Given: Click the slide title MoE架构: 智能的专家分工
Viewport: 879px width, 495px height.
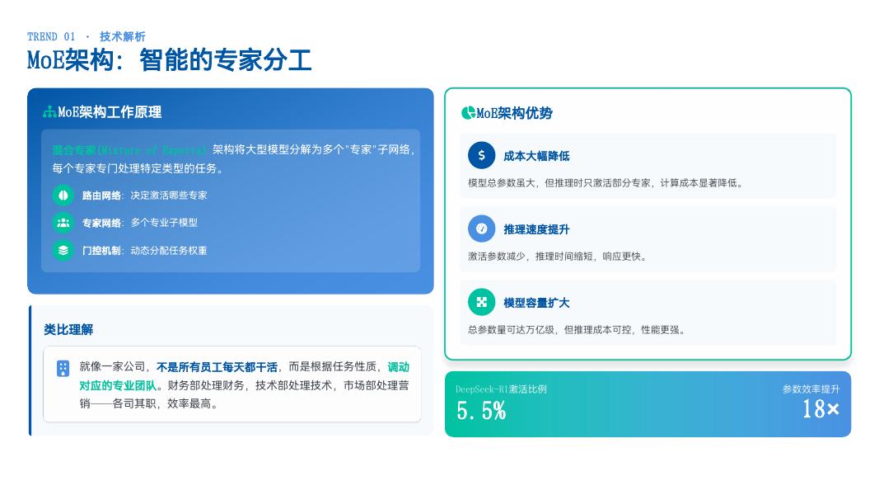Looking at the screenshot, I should click(170, 60).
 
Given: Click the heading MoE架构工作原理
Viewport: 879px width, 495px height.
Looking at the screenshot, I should click(109, 112).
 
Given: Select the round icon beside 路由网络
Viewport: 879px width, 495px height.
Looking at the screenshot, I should click(63, 196).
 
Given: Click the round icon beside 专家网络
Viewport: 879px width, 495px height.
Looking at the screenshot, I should click(63, 223).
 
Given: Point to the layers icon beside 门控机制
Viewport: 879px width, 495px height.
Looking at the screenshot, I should click(63, 250).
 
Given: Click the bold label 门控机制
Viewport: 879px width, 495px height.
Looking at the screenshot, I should click(101, 251).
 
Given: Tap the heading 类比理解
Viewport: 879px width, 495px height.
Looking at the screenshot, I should click(68, 329).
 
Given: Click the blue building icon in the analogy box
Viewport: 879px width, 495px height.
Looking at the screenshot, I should click(63, 369).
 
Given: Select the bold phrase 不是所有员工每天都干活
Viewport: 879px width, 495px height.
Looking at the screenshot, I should click(217, 367).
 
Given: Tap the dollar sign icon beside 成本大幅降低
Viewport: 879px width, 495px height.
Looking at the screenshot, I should click(482, 155).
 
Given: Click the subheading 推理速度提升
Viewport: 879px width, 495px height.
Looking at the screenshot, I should click(536, 229).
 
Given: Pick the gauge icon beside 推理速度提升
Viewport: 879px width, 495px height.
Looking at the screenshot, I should click(482, 229).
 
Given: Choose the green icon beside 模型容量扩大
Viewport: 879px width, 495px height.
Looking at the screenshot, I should click(482, 302).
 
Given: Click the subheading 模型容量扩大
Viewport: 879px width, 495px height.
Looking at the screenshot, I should click(536, 303).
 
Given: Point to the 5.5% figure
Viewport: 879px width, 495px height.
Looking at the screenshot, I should click(481, 411).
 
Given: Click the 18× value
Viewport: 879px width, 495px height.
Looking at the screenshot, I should click(821, 408).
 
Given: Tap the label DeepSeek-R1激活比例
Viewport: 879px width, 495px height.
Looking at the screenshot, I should click(501, 389).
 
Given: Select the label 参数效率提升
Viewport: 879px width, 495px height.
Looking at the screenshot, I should click(811, 389).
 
